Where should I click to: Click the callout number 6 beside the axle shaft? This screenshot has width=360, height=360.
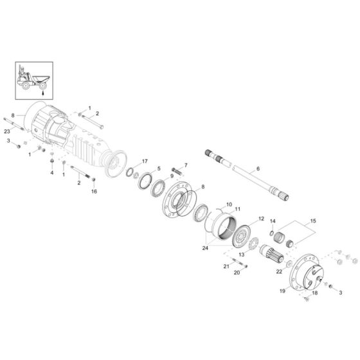coord(258,168)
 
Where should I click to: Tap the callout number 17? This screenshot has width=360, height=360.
coord(145,161)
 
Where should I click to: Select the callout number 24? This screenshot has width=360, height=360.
coord(205,248)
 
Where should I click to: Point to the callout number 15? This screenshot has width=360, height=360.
coord(313,221)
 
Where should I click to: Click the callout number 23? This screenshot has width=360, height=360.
coord(7,131)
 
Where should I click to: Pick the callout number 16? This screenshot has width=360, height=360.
coord(94,192)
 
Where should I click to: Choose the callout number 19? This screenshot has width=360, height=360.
coord(282,291)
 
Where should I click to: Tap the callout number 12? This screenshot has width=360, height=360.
coord(261,219)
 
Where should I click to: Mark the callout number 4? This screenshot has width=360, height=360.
coord(52,172)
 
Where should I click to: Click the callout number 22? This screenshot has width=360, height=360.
coord(279,271)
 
